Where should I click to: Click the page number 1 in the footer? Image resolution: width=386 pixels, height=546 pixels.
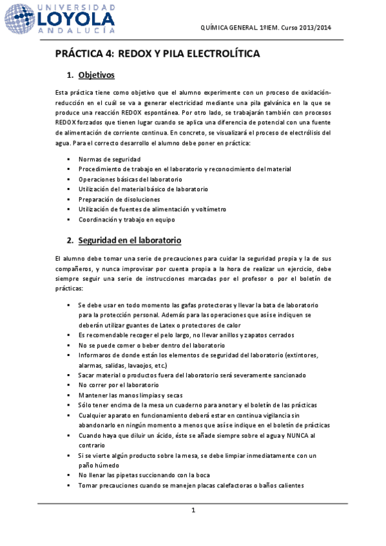pyautogui.click(x=193, y=511)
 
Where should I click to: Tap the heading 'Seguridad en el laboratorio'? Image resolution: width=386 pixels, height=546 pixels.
pyautogui.click(x=129, y=241)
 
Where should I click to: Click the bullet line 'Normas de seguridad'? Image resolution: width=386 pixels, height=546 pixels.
pyautogui.click(x=109, y=159)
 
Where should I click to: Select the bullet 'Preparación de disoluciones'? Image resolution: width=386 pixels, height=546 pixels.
pyautogui.click(x=119, y=200)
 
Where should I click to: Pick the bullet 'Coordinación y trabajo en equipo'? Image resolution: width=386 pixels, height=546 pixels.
pyautogui.click(x=126, y=220)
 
